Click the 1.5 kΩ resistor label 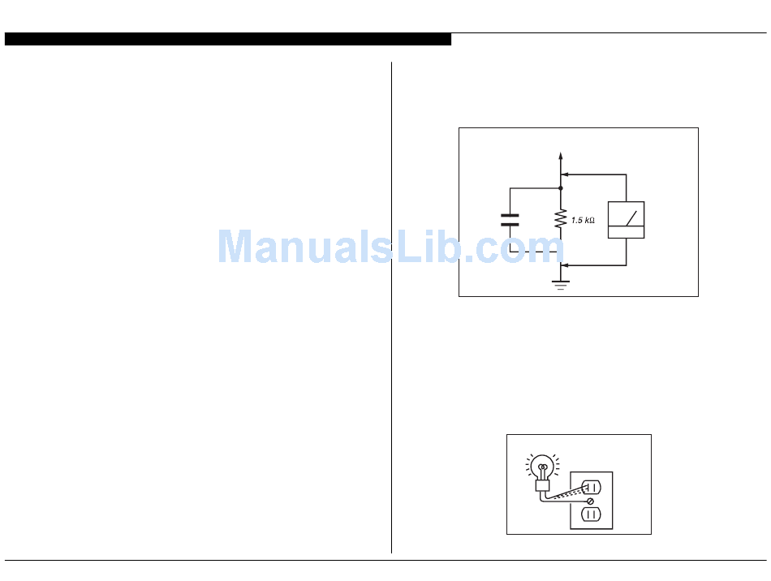[x=583, y=220]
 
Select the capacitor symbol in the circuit [x=510, y=219]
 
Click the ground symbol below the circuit [x=560, y=284]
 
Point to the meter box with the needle [x=626, y=220]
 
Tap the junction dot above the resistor [x=560, y=188]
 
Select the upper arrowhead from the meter [x=565, y=174]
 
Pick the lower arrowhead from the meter [x=565, y=265]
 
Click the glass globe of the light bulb [x=542, y=466]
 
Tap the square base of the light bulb [x=541, y=486]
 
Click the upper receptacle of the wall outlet [x=592, y=488]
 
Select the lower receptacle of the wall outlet [x=592, y=514]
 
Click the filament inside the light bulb [x=542, y=468]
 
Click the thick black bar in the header [x=227, y=39]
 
